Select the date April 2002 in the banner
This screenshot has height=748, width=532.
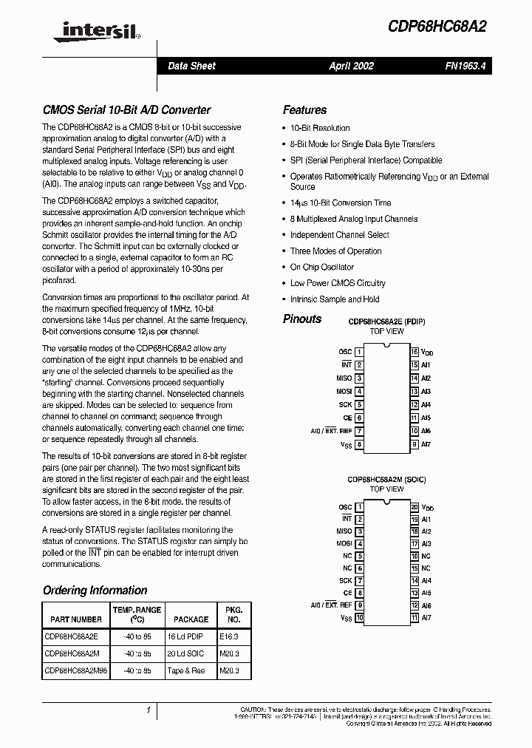[351, 66]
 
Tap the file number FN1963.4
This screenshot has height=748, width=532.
[465, 66]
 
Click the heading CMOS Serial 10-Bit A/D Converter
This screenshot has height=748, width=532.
[126, 110]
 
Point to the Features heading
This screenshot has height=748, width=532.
[304, 110]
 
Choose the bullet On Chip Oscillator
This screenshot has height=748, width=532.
[321, 267]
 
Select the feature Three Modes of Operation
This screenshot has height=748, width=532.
[335, 251]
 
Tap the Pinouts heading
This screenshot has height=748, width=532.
[302, 319]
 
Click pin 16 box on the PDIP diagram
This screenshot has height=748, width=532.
[415, 352]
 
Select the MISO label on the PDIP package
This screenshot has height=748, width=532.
[344, 378]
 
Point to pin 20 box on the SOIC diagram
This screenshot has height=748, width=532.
[415, 508]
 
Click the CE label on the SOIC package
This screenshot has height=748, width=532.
[347, 593]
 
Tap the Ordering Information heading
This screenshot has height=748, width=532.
[95, 591]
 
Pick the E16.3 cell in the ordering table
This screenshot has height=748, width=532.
[229, 634]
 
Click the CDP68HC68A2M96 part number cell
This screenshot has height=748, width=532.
[75, 670]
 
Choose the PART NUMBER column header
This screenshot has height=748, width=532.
[75, 619]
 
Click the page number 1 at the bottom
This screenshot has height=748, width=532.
[148, 710]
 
